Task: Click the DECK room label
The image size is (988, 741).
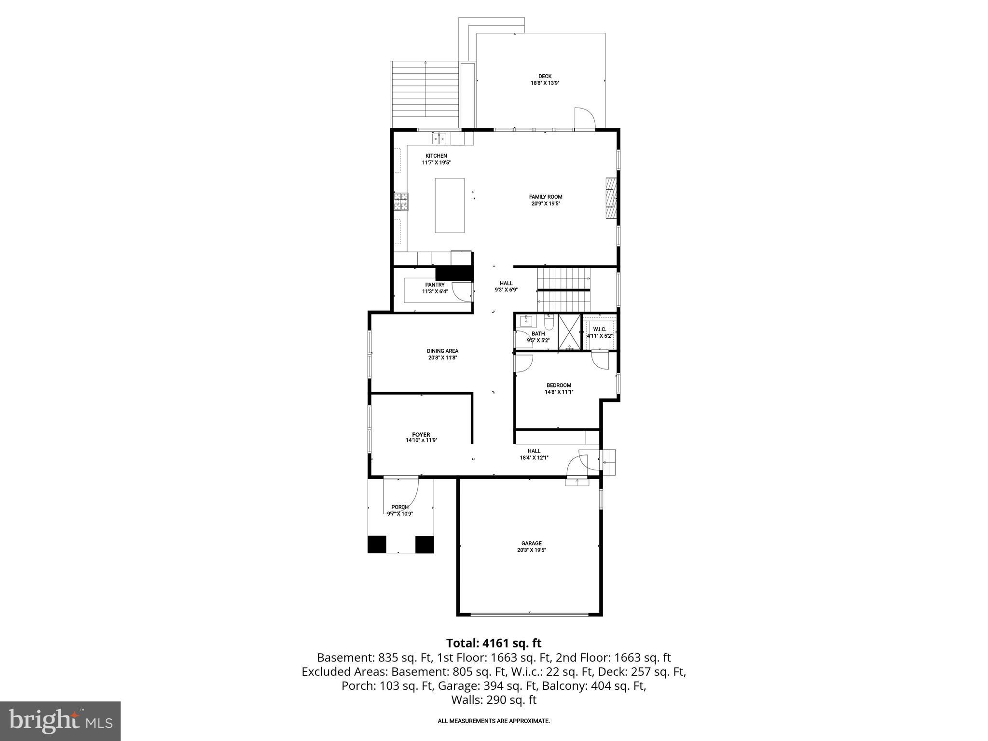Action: (545, 76)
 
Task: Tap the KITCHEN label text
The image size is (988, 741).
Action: (436, 156)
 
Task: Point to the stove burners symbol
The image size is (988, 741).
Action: (401, 202)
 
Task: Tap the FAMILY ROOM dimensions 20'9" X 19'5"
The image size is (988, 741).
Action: (546, 204)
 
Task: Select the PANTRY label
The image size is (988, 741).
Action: (435, 285)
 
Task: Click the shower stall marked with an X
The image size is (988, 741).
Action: (570, 332)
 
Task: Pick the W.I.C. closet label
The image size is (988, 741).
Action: (600, 329)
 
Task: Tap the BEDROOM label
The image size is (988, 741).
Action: (559, 385)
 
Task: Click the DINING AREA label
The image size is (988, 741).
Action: (442, 351)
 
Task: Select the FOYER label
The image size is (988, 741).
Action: (421, 435)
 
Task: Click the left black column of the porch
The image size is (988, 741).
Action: (377, 544)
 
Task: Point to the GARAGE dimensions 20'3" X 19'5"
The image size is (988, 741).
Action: (531, 550)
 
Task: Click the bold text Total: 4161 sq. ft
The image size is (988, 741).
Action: (494, 643)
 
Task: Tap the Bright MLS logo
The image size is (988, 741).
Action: (60, 721)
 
